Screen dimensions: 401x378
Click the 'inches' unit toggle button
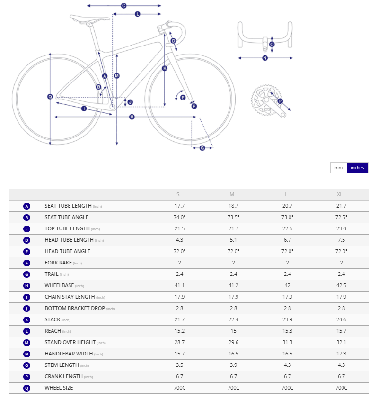[357, 167]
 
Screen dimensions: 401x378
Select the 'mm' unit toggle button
[339, 167]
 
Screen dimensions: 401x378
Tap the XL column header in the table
[339, 194]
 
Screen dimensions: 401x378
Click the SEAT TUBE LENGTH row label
[68, 206]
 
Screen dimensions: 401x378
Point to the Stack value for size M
[233, 319]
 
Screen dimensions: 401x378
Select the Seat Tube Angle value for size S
[178, 217]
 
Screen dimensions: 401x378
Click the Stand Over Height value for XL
[341, 342]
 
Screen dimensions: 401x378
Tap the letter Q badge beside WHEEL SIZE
[26, 388]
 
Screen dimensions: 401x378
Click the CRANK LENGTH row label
[63, 376]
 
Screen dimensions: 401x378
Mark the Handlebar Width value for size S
[178, 354]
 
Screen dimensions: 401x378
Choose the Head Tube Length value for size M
[233, 240]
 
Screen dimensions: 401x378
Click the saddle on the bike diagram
[83, 19]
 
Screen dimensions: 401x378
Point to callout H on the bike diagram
[132, 117]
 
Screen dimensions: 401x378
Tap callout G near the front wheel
[202, 148]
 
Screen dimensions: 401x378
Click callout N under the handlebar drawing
[265, 58]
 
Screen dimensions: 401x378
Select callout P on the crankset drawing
[280, 101]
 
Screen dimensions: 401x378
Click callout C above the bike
[123, 6]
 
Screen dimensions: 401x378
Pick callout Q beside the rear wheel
[50, 97]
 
